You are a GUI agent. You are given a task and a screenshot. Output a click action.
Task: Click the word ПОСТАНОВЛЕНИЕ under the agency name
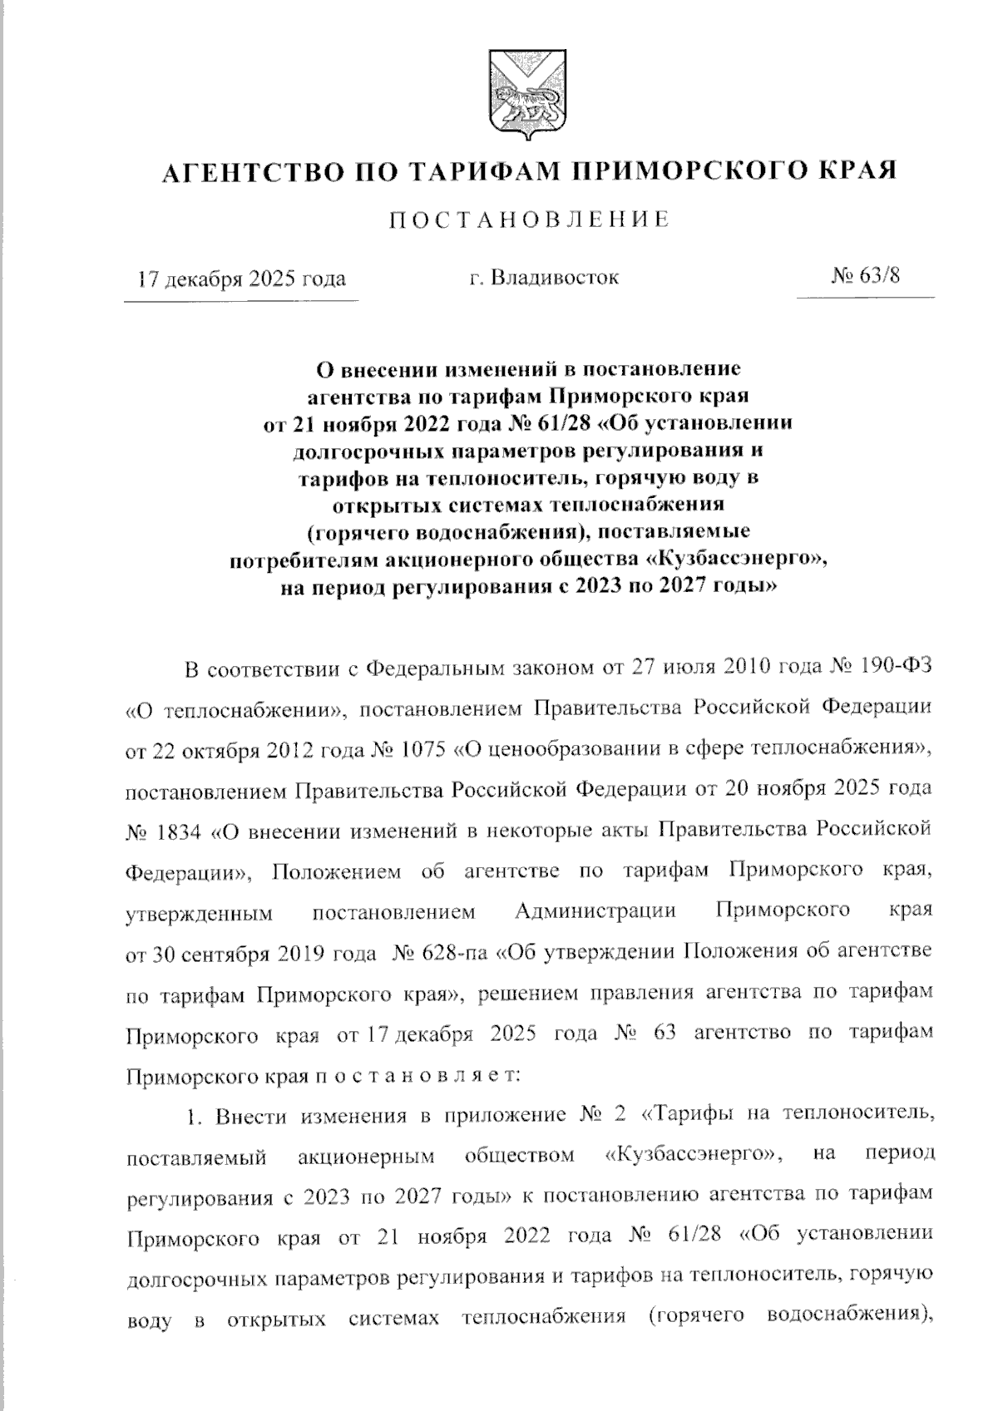(x=530, y=220)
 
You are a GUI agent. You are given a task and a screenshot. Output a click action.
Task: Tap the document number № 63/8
(x=865, y=275)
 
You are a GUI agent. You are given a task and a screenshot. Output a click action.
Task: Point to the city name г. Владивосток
(x=543, y=276)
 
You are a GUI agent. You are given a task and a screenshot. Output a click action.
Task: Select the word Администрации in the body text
(x=595, y=911)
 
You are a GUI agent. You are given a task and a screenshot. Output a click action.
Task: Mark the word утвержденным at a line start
(x=199, y=913)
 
